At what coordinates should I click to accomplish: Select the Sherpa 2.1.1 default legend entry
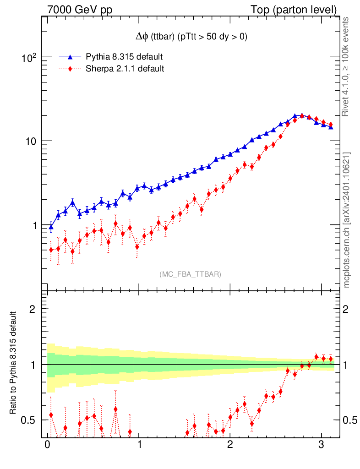pos(125,69)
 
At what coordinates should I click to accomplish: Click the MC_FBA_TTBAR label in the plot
pos(191,274)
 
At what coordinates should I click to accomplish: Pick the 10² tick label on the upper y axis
pos(29,58)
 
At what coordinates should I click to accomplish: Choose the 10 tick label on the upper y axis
pos(31,141)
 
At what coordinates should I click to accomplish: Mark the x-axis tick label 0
pos(48,446)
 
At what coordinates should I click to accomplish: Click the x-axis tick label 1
pos(139,446)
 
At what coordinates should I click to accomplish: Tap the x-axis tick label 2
pos(230,446)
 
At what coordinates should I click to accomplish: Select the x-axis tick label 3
pos(321,446)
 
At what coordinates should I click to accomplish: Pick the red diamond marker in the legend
pos(70,69)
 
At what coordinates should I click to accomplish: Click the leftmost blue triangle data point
pos(51,226)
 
